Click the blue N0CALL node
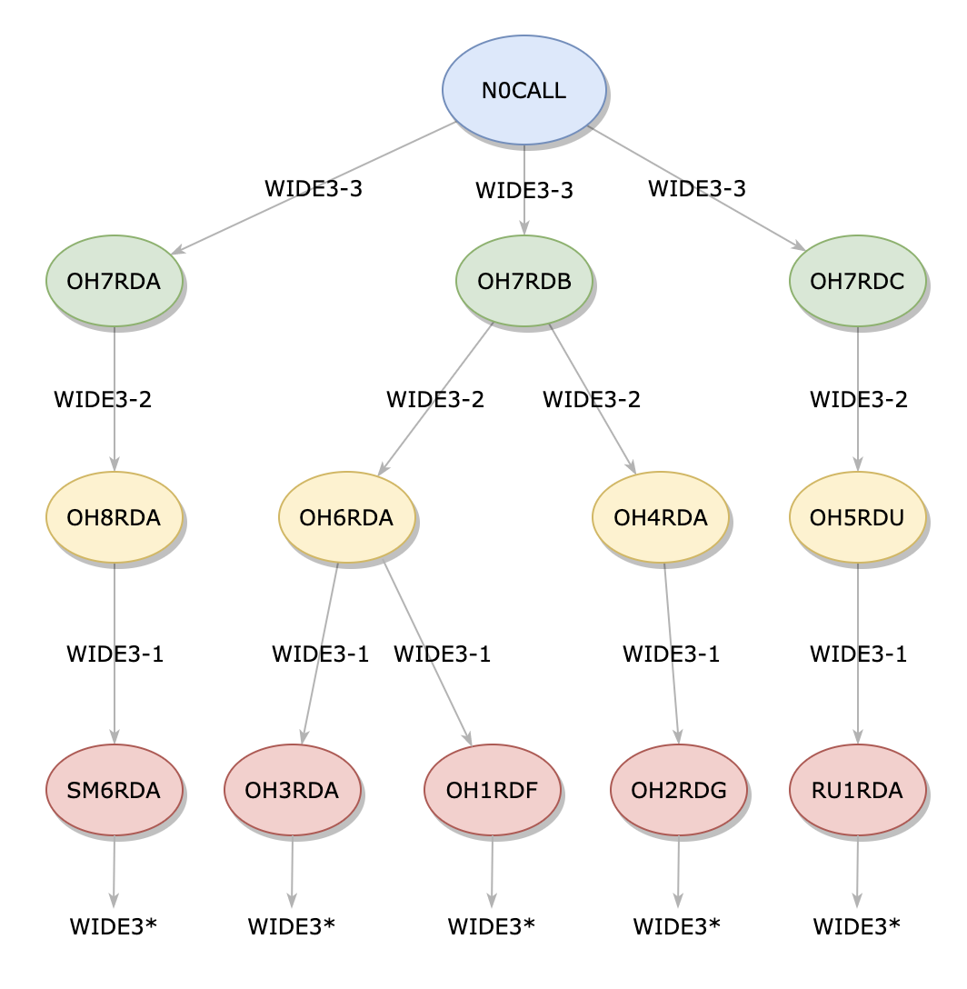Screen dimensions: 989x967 pyautogui.click(x=523, y=90)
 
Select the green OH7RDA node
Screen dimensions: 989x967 pyautogui.click(x=114, y=281)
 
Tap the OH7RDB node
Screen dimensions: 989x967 pyautogui.click(x=523, y=281)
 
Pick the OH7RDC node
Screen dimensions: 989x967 pyautogui.click(x=857, y=281)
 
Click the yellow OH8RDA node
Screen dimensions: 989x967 pyautogui.click(x=114, y=517)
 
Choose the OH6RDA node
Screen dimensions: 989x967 pyautogui.click(x=346, y=517)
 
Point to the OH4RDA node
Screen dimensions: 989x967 pyautogui.click(x=660, y=517)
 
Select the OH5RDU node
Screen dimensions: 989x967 pyautogui.click(x=857, y=517)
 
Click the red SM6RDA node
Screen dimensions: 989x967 pyautogui.click(x=114, y=790)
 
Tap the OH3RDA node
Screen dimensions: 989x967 pyautogui.click(x=293, y=790)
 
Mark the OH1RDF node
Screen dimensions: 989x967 pyautogui.click(x=492, y=790)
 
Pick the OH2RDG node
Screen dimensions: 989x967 pyautogui.click(x=678, y=790)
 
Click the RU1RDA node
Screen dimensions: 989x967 pyautogui.click(x=857, y=790)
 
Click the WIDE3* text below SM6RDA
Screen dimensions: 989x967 pyautogui.click(x=114, y=926)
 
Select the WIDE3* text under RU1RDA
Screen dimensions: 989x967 pyautogui.click(x=856, y=926)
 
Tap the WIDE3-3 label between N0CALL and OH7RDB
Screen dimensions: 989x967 pyautogui.click(x=524, y=191)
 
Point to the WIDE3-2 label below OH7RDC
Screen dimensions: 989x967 pyautogui.click(x=858, y=399)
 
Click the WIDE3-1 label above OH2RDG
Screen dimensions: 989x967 pyautogui.click(x=671, y=654)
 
